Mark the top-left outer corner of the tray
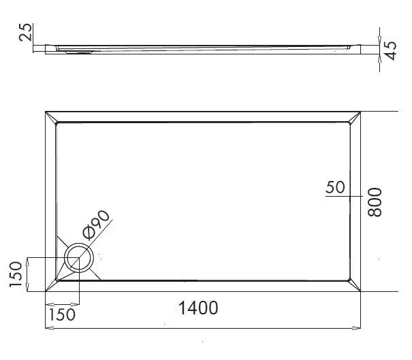coord(46,111)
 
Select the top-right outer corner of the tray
coord(360,111)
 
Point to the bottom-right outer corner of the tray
coord(360,291)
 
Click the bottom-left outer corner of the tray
coord(46,291)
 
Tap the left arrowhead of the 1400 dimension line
coord(48,329)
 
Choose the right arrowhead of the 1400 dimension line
coord(358,329)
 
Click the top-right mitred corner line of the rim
coord(354,117)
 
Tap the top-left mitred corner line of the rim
coord(52,117)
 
